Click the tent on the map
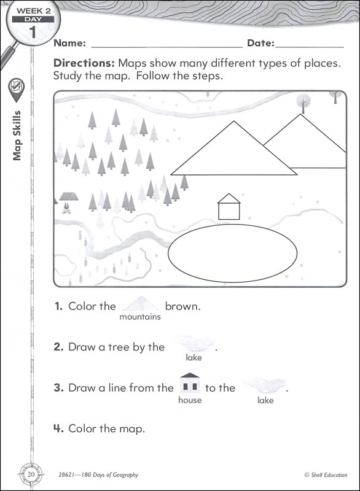point(69,196)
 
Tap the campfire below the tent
point(66,208)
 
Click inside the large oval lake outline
point(232,253)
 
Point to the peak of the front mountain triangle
point(233,121)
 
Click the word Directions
point(84,63)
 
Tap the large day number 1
point(33,33)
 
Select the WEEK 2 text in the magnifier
point(34,10)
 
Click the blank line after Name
point(166,47)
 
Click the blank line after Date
point(310,47)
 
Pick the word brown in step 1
point(182,306)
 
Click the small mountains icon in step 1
point(141,303)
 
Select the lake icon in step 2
point(194,343)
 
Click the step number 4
point(58,428)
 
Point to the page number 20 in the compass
point(31,474)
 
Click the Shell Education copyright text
point(326,474)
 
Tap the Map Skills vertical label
point(17,136)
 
